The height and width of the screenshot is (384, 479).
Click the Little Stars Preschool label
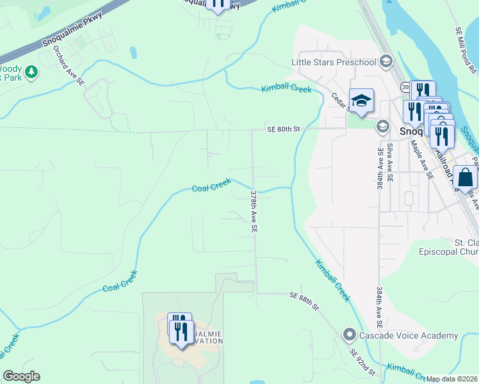click(x=333, y=62)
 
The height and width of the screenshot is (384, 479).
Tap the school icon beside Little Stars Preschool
click(x=386, y=61)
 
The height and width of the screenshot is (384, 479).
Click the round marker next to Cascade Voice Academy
click(x=350, y=335)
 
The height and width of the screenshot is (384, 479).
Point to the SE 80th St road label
click(x=284, y=129)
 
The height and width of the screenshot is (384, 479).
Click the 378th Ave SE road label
click(x=254, y=211)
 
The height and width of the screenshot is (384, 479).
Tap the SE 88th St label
click(x=304, y=300)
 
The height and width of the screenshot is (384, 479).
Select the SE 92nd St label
click(x=362, y=362)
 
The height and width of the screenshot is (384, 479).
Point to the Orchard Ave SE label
click(x=69, y=65)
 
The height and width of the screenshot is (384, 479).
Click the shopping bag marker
click(x=465, y=177)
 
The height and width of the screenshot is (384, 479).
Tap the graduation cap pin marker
click(x=361, y=101)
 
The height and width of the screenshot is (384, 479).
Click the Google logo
click(x=21, y=376)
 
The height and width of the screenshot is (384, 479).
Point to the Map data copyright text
click(x=452, y=379)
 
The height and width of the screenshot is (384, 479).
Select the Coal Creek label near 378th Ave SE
click(x=211, y=186)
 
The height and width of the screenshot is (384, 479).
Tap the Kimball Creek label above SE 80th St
click(x=286, y=89)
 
